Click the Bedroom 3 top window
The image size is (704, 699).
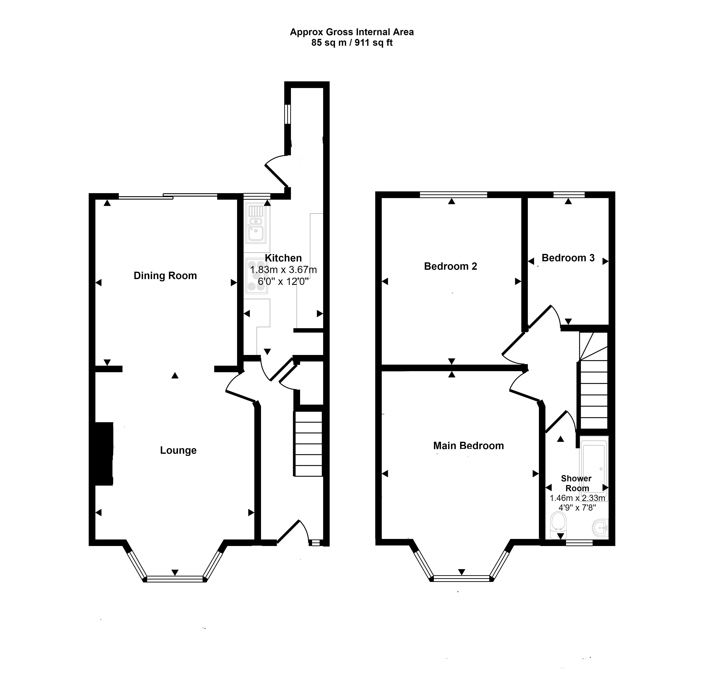pos(569,195)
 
